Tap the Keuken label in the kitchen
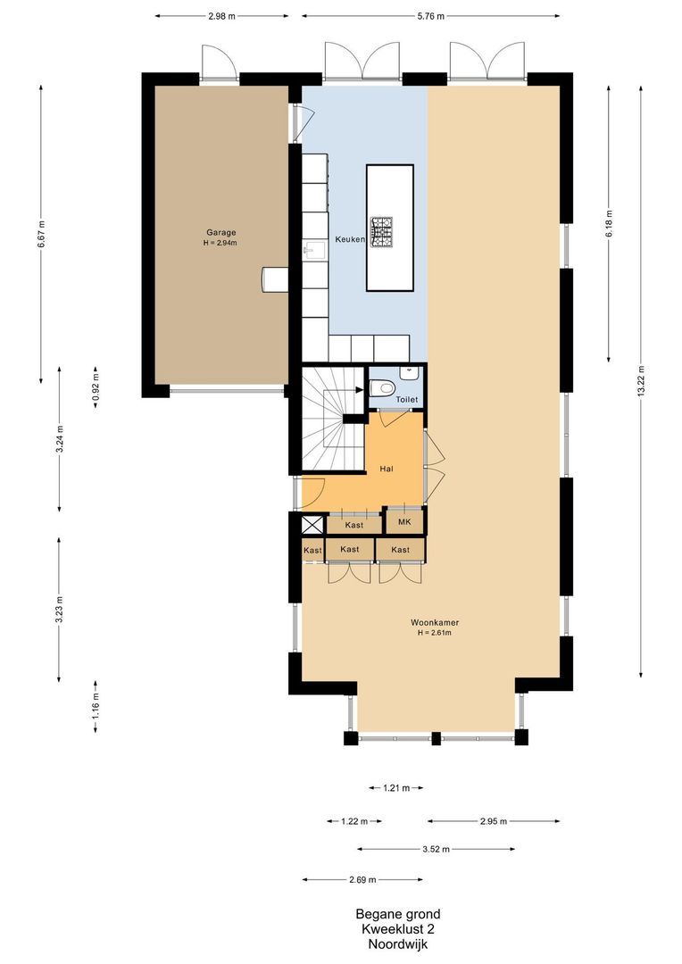tap(350, 240)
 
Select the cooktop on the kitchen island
tap(382, 231)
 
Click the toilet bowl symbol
tap(381, 386)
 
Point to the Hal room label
tap(387, 469)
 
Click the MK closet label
tap(404, 521)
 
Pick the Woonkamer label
tap(435, 623)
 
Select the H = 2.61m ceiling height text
tap(435, 634)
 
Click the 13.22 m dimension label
tap(642, 381)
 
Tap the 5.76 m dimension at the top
tap(430, 16)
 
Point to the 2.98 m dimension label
tap(222, 16)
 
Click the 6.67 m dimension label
tap(41, 235)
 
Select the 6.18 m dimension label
tap(610, 221)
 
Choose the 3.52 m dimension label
tap(436, 849)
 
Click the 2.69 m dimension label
tap(362, 879)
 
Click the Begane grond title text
tap(397, 914)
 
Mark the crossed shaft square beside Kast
tap(312, 526)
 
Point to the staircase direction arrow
tap(355, 388)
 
